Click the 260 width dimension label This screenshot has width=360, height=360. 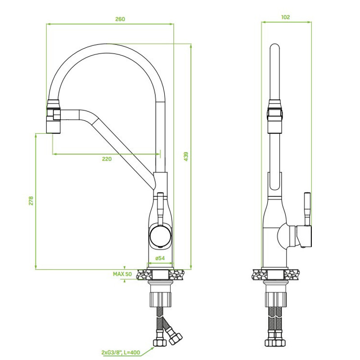[120, 19]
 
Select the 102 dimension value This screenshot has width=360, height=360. [285, 17]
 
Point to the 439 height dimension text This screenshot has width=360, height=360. [186, 156]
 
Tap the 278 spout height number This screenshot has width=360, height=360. [31, 201]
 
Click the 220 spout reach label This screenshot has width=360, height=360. [107, 159]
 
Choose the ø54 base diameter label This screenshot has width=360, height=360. [160, 258]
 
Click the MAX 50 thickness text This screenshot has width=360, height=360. [122, 274]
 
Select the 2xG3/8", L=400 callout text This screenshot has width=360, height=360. [121, 352]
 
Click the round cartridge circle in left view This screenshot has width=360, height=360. [161, 236]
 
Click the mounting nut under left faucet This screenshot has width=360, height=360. [161, 299]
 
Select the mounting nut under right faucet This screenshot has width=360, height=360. [275, 299]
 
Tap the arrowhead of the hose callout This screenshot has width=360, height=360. [152, 349]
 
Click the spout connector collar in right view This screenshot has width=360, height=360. [275, 111]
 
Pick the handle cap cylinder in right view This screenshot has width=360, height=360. [303, 237]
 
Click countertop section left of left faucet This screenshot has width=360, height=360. [144, 275]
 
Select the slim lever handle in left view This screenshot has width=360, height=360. [161, 208]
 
